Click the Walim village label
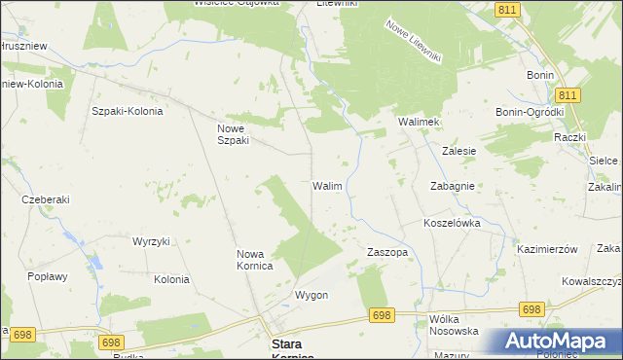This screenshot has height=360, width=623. click(x=326, y=185)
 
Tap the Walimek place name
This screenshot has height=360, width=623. click(x=419, y=122)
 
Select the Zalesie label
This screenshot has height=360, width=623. click(x=458, y=152)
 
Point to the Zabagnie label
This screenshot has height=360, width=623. click(x=452, y=186)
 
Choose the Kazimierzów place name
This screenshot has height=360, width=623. click(x=548, y=249)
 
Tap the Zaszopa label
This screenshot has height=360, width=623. click(x=386, y=252)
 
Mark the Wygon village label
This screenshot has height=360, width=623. click(x=311, y=295)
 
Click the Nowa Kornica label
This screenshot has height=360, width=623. click(x=254, y=260)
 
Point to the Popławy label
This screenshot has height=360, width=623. click(x=48, y=276)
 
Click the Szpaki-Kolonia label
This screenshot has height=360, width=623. click(x=127, y=111)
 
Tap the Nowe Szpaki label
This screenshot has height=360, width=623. click(x=234, y=133)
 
